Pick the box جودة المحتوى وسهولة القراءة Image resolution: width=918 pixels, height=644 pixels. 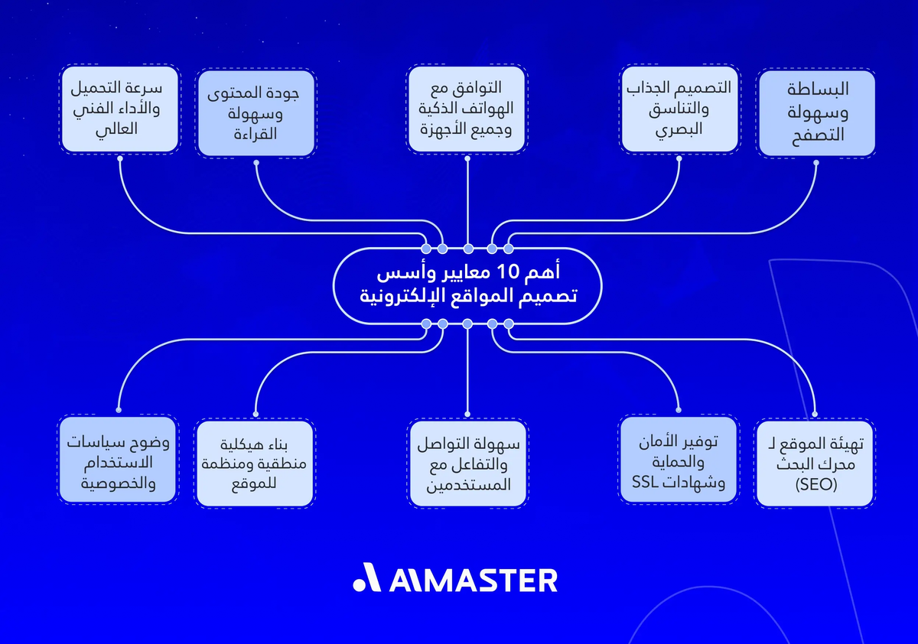click(x=255, y=115)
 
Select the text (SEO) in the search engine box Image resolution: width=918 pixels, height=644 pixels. click(x=815, y=484)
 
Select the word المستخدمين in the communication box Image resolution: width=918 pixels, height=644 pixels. click(x=467, y=485)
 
